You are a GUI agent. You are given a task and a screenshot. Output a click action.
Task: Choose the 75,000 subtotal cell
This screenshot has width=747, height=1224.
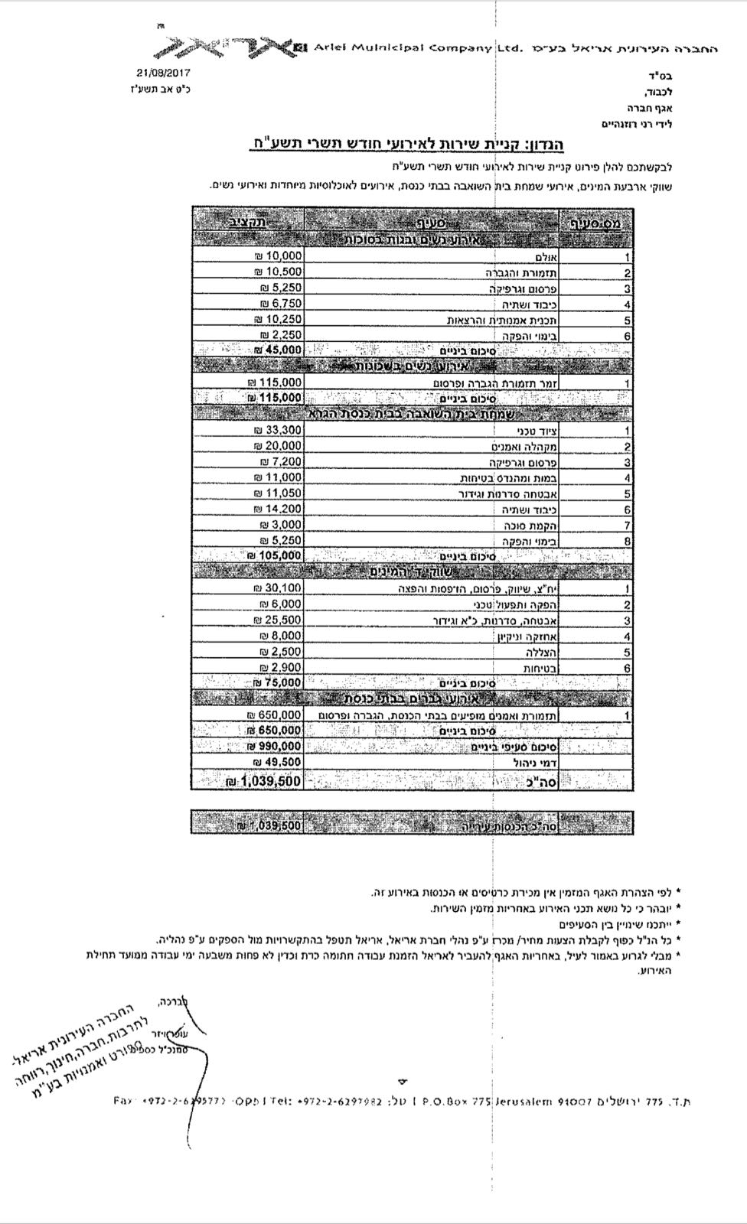point(278,682)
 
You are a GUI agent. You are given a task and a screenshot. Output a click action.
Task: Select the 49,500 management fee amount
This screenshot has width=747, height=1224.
point(279,762)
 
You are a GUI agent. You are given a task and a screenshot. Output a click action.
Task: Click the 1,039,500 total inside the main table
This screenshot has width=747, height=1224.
point(264,781)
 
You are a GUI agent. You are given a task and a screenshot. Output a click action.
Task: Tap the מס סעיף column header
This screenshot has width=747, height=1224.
point(601,223)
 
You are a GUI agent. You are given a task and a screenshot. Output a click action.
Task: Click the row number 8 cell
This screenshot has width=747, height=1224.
point(628,541)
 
